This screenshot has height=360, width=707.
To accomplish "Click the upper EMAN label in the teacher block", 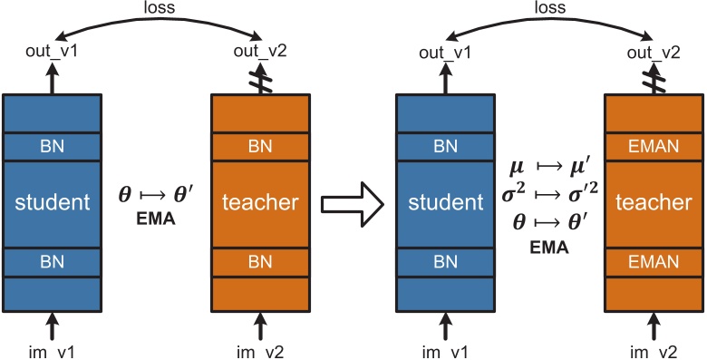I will tap(653, 146).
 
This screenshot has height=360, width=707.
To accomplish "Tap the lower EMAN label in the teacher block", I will tap(653, 262).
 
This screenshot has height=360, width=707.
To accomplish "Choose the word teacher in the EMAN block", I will tap(653, 204).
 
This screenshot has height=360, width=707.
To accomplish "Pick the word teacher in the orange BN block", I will tap(261, 203).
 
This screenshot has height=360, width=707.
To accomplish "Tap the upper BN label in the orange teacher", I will tap(261, 146).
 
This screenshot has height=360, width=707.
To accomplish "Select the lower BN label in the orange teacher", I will tap(261, 262).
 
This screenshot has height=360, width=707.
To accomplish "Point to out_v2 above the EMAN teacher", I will tap(653, 53).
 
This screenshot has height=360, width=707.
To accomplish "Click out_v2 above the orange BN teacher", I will tap(261, 53).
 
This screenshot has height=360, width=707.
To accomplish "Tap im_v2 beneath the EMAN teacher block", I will tap(653, 350).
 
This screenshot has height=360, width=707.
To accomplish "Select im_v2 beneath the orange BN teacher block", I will tap(261, 350).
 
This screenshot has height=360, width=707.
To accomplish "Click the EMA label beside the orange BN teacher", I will tap(156, 219).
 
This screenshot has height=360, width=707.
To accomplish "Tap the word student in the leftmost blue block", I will tap(51, 203).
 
